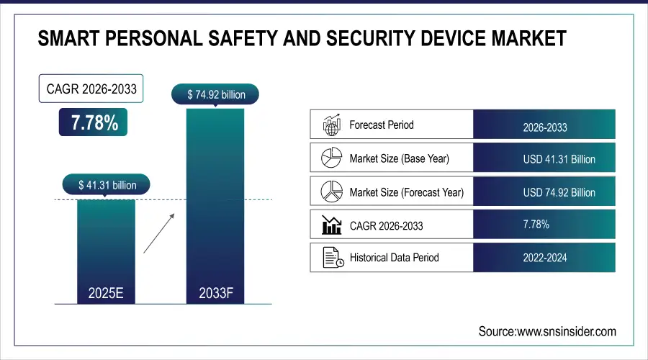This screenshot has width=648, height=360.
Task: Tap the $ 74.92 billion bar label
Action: pos(215,94)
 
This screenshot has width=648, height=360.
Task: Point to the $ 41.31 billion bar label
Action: pos(107,185)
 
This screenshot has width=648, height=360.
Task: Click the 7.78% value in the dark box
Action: pos(94,123)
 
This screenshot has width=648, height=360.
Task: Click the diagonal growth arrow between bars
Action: pos(161,232)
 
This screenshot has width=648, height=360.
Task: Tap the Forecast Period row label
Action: pos(382,125)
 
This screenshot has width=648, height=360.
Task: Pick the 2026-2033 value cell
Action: pos(544,128)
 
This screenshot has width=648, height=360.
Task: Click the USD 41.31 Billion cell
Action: pos(544,159)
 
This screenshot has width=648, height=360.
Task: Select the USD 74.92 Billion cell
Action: pos(544,192)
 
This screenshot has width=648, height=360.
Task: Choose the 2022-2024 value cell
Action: pos(544,258)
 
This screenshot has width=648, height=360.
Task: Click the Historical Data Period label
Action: pos(394,257)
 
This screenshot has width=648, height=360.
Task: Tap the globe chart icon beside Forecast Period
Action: pos(331,125)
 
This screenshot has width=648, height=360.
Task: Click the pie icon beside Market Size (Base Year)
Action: pos(331,158)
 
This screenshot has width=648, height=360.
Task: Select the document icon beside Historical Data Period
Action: pos(331,257)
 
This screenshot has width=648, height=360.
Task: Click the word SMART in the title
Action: pos(69,39)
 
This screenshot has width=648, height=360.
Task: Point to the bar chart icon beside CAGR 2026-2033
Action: pos(331,225)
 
